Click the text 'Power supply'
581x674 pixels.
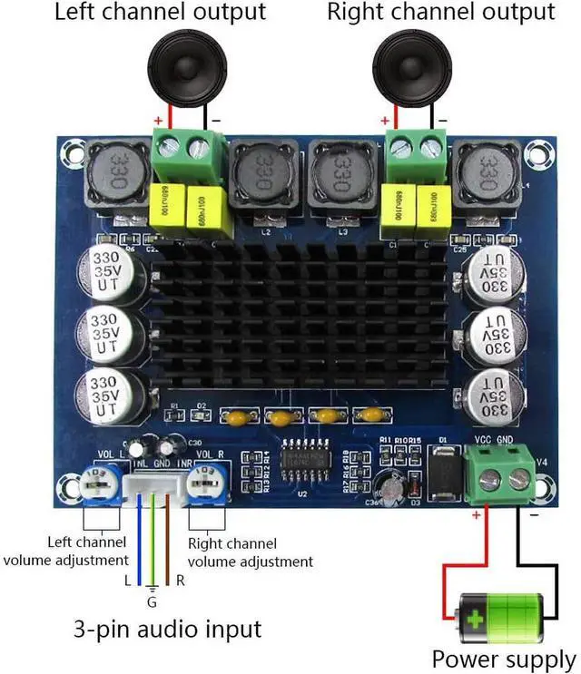click(503, 659)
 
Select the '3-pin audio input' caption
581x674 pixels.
click(169, 628)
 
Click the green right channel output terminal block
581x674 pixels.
click(416, 144)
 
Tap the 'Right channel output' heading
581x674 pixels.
click(440, 13)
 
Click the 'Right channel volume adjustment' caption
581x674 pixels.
click(249, 552)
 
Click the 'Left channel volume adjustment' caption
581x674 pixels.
click(65, 552)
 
